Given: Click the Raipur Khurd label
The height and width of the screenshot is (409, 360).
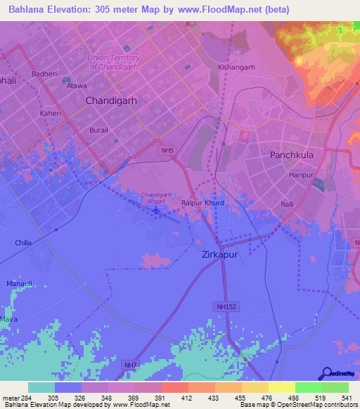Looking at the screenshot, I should click(x=203, y=202).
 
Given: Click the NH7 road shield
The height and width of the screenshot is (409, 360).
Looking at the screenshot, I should click(x=130, y=365).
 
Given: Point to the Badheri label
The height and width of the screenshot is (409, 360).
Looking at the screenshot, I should click(x=44, y=73).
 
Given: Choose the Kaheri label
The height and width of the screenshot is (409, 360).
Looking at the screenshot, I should click(x=51, y=113).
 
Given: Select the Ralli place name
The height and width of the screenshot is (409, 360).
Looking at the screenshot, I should click(x=288, y=204).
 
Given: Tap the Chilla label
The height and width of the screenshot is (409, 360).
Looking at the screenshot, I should click(x=23, y=242).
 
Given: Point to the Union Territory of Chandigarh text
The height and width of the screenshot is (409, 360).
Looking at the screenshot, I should click(x=114, y=62).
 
